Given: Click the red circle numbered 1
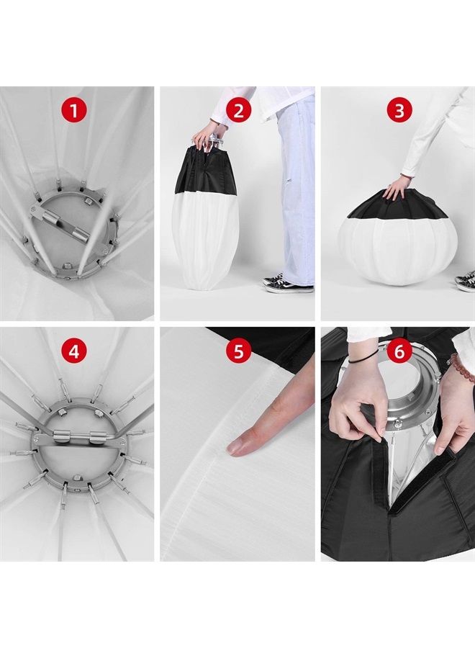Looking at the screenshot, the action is tap(73, 111).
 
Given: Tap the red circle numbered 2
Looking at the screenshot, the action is tap(239, 111).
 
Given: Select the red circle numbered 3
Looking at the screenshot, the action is tap(399, 111).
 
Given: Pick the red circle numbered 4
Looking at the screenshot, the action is tap(73, 351).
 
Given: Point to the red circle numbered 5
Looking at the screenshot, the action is tap(239, 351).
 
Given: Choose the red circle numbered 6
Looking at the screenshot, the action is tap(399, 351).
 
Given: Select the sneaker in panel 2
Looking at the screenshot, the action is tap(288, 284).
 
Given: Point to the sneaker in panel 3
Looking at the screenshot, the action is tap(465, 281).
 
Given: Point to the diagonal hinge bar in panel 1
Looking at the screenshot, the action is tap(60, 218).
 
